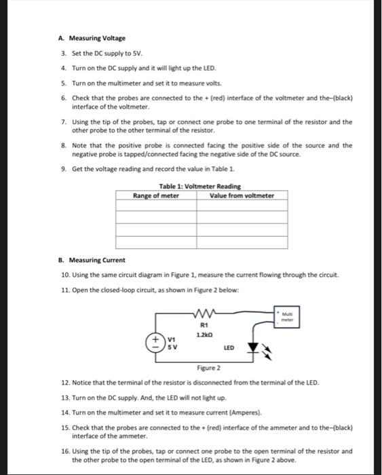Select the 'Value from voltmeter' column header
[242, 195]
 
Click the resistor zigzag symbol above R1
[204, 314]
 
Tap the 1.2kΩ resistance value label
[204, 335]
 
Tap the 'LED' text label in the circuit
[229, 347]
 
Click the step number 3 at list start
[63, 54]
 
